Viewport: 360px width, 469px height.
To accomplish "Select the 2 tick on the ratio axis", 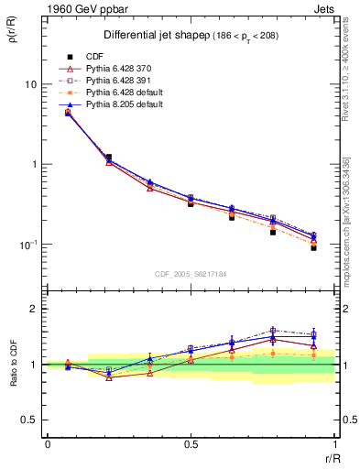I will tap(34, 309).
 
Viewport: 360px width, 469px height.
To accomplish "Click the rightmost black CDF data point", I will tap(313, 247).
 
